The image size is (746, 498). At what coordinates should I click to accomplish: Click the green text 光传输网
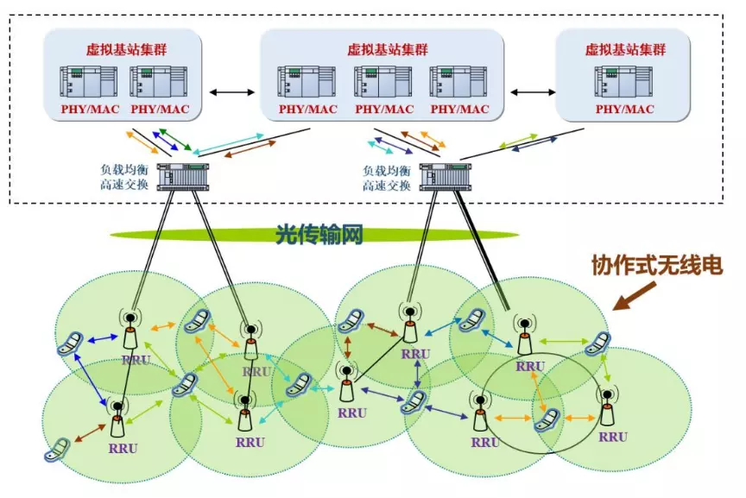coord(319,233)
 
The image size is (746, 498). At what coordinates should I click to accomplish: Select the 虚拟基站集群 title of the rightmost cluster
coord(623,50)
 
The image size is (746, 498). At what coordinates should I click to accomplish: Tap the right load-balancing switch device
coord(445,176)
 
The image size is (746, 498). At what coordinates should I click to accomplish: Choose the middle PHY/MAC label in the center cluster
coord(385,110)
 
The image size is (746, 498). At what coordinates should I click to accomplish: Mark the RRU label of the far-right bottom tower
coord(613,437)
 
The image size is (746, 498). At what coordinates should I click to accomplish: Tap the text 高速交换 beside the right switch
coord(386,185)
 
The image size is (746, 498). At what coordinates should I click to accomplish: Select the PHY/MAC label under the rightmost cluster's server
coord(623,110)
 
